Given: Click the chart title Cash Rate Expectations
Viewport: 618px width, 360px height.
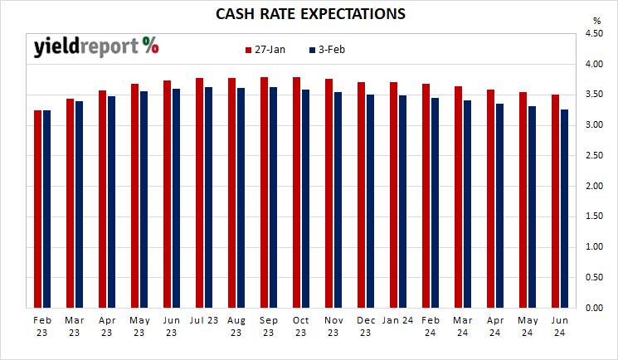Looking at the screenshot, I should pyautogui.click(x=310, y=14).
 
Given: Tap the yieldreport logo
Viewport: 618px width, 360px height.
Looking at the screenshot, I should pyautogui.click(x=96, y=46).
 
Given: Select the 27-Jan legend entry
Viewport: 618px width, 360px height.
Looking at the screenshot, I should pyautogui.click(x=265, y=50).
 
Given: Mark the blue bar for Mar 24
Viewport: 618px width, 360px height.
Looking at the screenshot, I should pyautogui.click(x=468, y=204).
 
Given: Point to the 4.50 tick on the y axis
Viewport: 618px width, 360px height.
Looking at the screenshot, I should pyautogui.click(x=593, y=34).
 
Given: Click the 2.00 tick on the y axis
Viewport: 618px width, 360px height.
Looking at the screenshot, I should pyautogui.click(x=593, y=187).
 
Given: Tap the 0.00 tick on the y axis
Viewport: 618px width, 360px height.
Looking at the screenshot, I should pyautogui.click(x=593, y=309).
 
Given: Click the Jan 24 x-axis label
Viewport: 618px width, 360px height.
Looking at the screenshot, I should pyautogui.click(x=398, y=319).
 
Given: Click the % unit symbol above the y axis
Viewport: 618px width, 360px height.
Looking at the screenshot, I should pyautogui.click(x=596, y=20).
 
